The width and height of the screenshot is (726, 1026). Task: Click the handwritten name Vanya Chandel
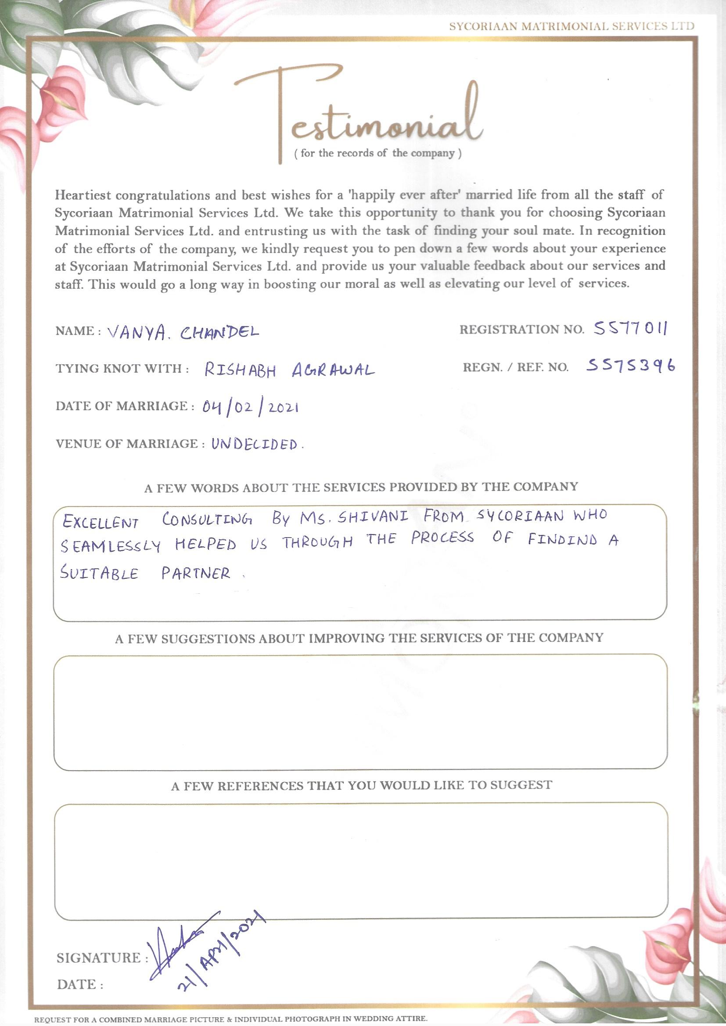[x=183, y=332]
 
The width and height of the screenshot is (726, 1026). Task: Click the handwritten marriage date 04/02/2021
[x=250, y=407]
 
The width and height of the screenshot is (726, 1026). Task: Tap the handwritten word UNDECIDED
[x=255, y=445]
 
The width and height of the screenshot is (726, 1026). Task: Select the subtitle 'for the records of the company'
[x=378, y=154]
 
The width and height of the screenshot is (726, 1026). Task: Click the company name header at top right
[x=572, y=26]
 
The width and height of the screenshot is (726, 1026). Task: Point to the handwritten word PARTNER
[x=196, y=573]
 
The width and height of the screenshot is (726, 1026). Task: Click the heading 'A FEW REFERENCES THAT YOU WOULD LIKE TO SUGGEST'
[x=361, y=785]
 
